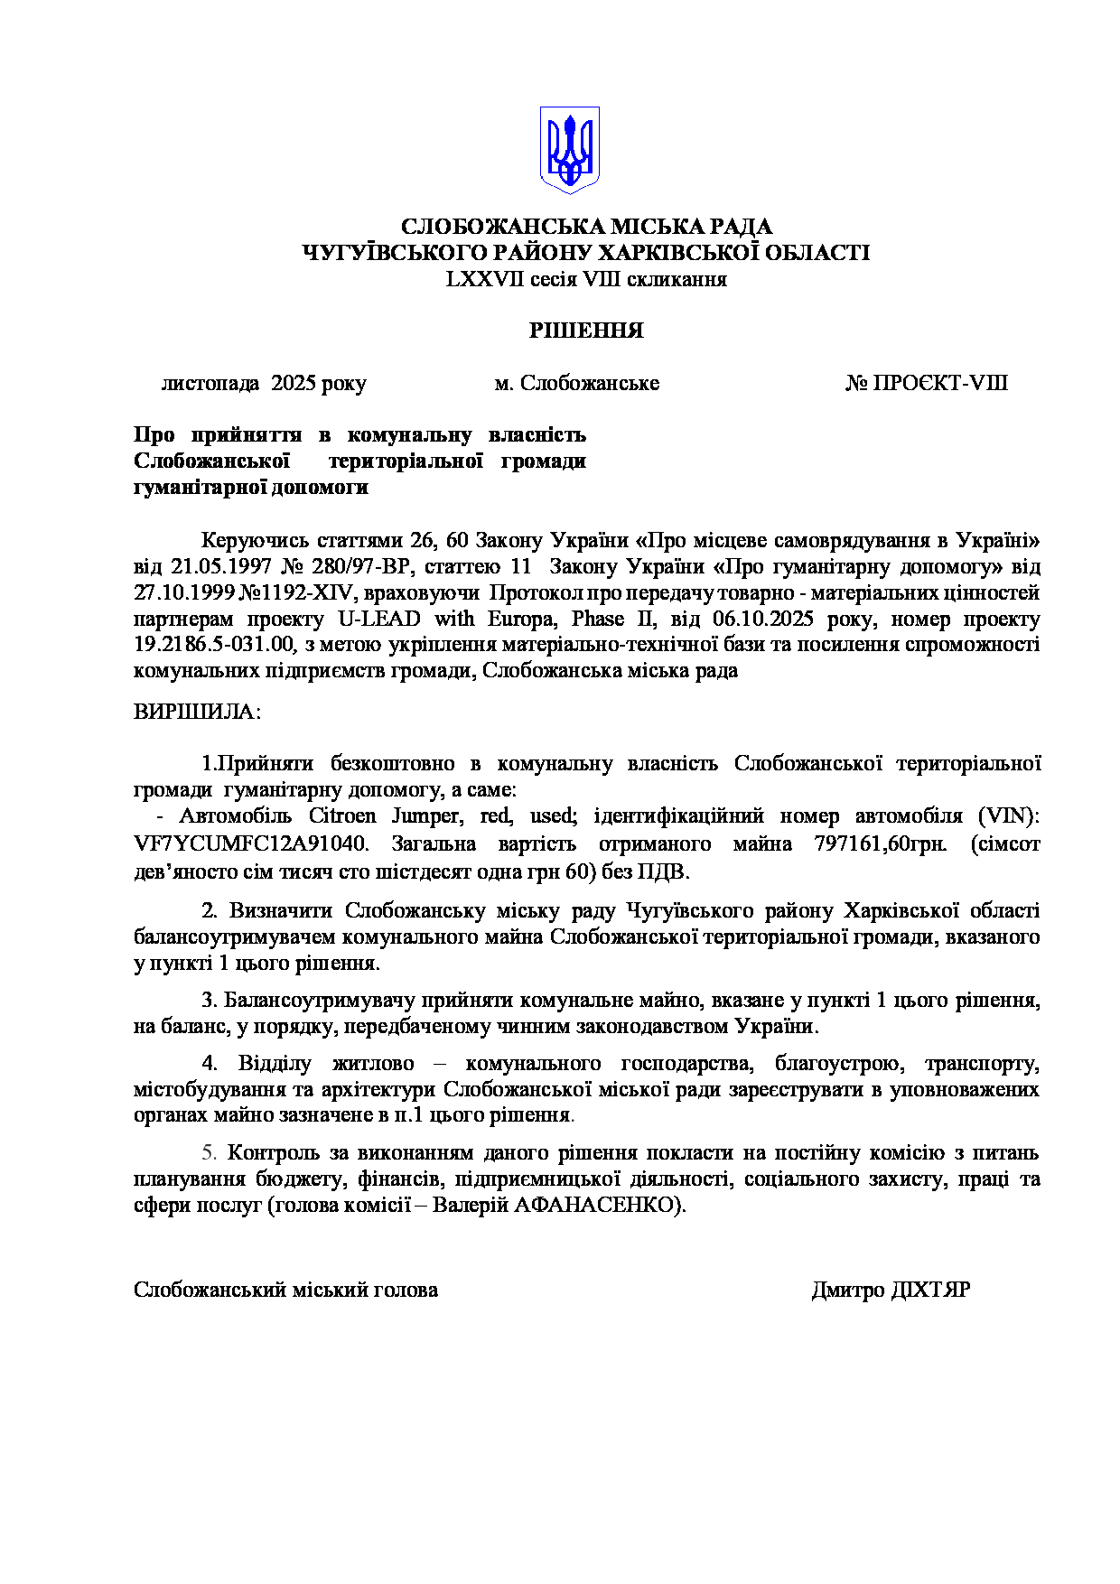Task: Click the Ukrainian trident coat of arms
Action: [569, 150]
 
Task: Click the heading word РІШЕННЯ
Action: [586, 331]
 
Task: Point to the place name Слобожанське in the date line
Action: [590, 383]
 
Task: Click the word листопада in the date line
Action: [210, 383]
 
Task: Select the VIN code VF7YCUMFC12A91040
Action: [250, 844]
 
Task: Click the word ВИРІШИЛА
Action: [195, 712]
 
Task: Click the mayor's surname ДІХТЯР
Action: [930, 1290]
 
